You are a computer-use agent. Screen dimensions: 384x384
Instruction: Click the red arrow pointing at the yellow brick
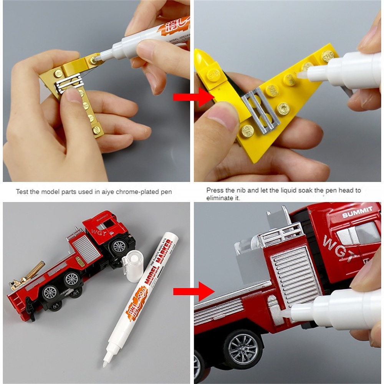[190, 98]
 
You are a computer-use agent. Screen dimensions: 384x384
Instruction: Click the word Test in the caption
[21, 192]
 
